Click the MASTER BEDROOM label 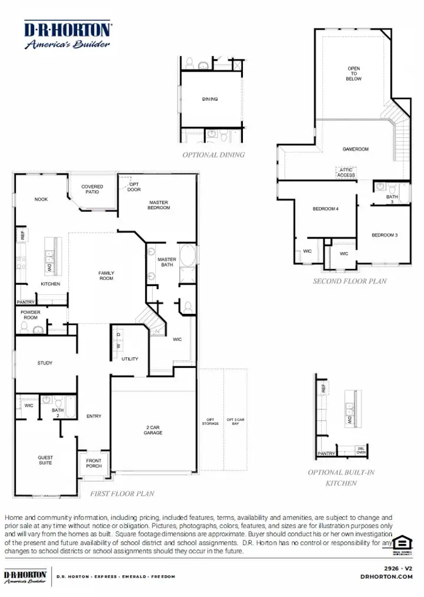[159, 205]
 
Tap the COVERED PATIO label [92, 189]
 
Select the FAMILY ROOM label [106, 276]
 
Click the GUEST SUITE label [45, 460]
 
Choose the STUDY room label [45, 363]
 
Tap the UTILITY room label [130, 359]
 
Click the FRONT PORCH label [94, 463]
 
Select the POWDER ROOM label [30, 315]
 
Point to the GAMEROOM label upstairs [356, 150]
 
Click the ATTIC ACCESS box [346, 173]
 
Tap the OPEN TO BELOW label [353, 74]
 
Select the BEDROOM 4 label [325, 209]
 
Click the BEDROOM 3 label [385, 236]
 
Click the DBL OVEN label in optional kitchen [361, 451]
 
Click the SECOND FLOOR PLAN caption [349, 281]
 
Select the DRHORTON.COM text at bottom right [386, 577]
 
